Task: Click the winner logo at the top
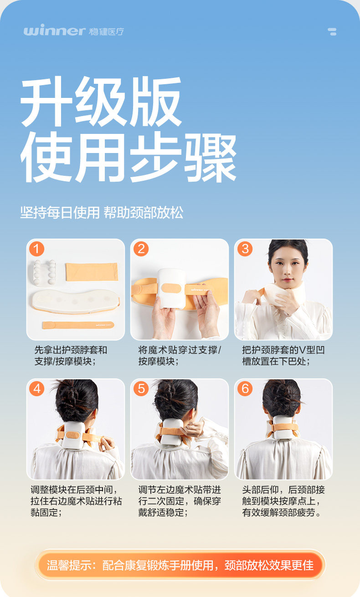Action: pyautogui.click(x=74, y=31)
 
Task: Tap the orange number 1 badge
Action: pyautogui.click(x=37, y=249)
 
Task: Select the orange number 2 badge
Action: pyautogui.click(x=141, y=249)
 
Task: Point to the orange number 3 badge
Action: pyautogui.click(x=245, y=249)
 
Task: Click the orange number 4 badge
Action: pyautogui.click(x=37, y=388)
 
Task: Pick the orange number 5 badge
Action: pyautogui.click(x=141, y=388)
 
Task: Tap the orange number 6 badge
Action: pyautogui.click(x=245, y=388)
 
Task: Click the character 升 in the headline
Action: pyautogui.click(x=46, y=102)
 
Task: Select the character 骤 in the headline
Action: pyautogui.click(x=210, y=157)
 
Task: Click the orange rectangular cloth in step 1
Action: pyautogui.click(x=92, y=272)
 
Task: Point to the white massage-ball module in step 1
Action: pyautogui.click(x=45, y=272)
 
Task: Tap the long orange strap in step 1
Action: pyautogui.click(x=78, y=325)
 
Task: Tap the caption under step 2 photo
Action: pyautogui.click(x=180, y=356)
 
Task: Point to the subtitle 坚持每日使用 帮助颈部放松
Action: pyautogui.click(x=102, y=213)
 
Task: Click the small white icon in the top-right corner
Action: pyautogui.click(x=332, y=32)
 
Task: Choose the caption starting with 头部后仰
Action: pyautogui.click(x=283, y=501)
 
